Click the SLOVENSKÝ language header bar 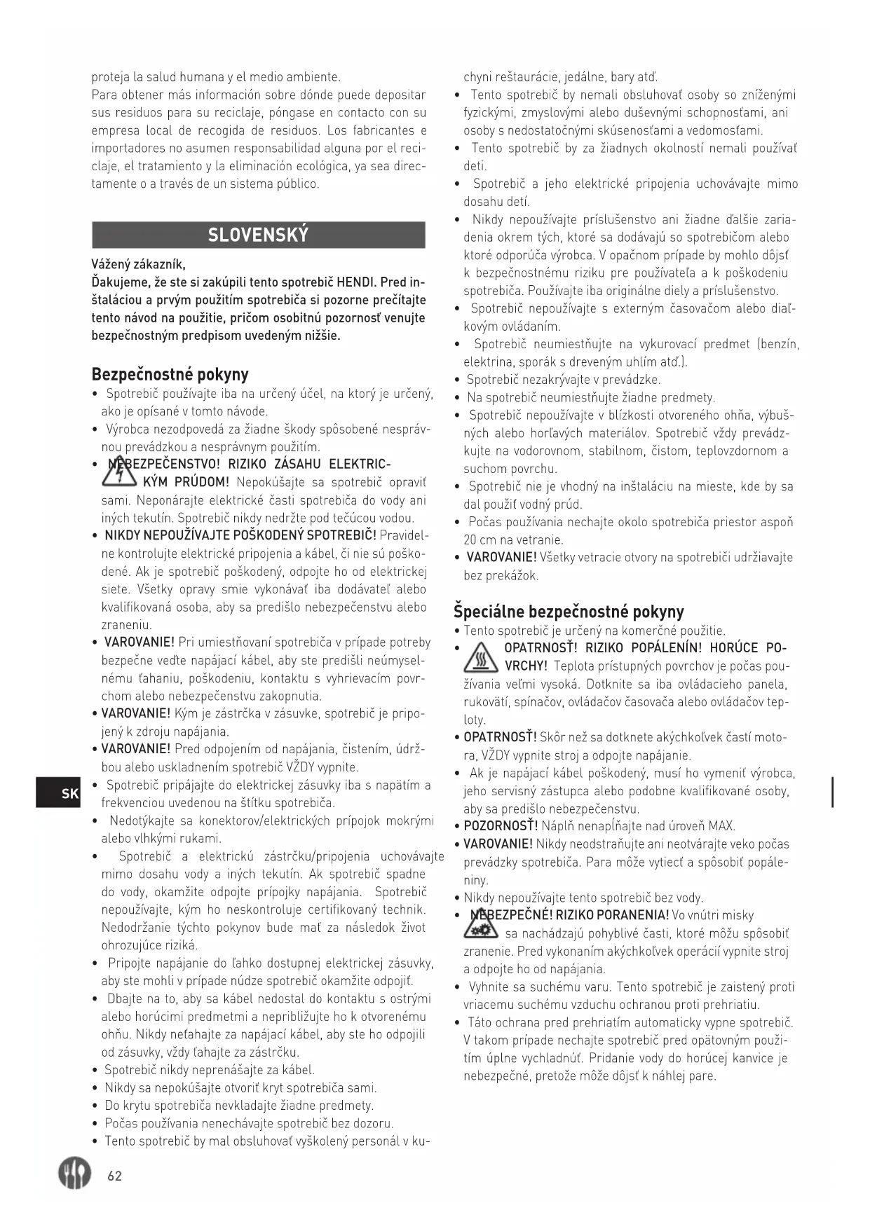click(x=258, y=235)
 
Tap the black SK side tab click(x=59, y=792)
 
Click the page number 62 click(x=114, y=1176)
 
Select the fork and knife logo click(x=74, y=1174)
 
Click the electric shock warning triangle click(x=119, y=474)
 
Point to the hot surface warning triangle click(x=480, y=657)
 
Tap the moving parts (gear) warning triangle click(x=480, y=924)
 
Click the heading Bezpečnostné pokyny click(x=170, y=373)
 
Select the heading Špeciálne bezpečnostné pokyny click(x=569, y=611)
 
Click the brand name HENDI click(x=357, y=282)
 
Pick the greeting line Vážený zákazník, click(x=138, y=264)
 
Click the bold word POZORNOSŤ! click(x=501, y=826)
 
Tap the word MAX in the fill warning click(x=722, y=826)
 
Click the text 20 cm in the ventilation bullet click(x=479, y=540)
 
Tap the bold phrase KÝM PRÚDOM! click(x=186, y=482)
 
